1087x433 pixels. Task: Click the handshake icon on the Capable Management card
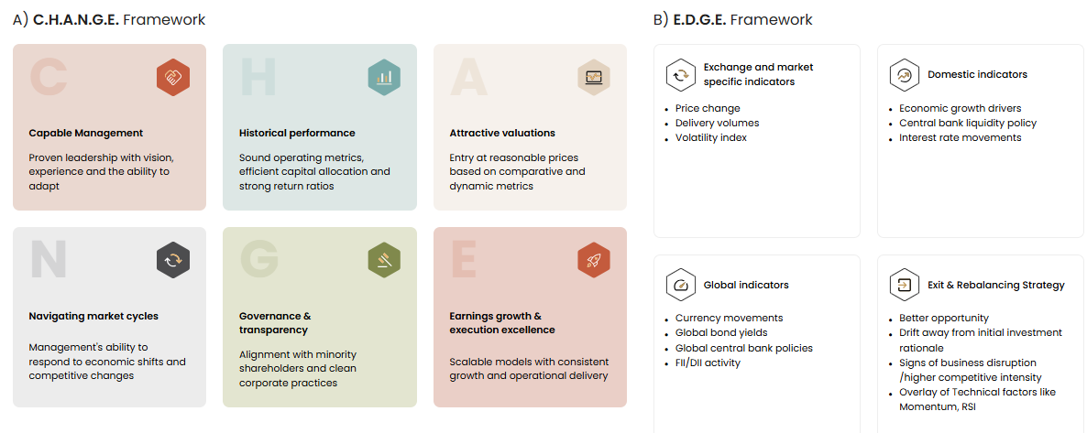pyautogui.click(x=173, y=77)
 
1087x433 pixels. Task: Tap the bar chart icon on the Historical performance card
pyautogui.click(x=384, y=77)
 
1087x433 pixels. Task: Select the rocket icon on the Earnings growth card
pyautogui.click(x=594, y=261)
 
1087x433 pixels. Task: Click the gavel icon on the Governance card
pyautogui.click(x=384, y=261)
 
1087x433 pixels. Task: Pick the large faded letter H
pyautogui.click(x=258, y=77)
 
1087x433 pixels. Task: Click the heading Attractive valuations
pyautogui.click(x=502, y=133)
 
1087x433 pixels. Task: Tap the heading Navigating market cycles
pyautogui.click(x=93, y=316)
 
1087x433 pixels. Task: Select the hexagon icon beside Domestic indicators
pyautogui.click(x=904, y=75)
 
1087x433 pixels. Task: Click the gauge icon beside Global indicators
pyautogui.click(x=681, y=285)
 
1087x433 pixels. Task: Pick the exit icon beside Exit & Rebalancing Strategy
pyautogui.click(x=904, y=285)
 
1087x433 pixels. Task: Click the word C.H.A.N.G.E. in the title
pyautogui.click(x=76, y=19)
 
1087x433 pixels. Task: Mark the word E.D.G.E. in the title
pyautogui.click(x=699, y=19)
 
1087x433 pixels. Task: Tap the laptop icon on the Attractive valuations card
pyautogui.click(x=594, y=77)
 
